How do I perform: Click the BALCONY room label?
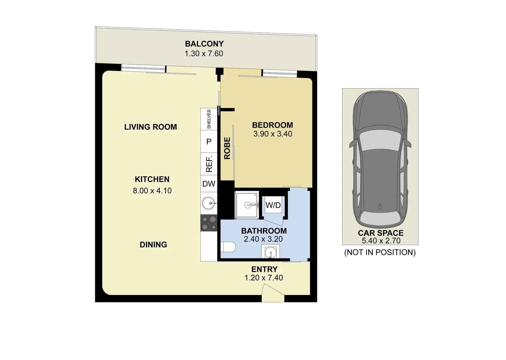(204, 44)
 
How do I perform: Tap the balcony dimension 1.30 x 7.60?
(204, 53)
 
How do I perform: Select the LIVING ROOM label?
(150, 127)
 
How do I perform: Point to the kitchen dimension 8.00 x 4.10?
(152, 191)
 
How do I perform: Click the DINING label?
(153, 245)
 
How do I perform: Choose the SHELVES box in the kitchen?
(209, 119)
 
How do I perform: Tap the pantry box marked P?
(209, 142)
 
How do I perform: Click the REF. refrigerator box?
(209, 164)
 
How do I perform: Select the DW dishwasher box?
(209, 184)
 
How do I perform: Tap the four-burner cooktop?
(209, 223)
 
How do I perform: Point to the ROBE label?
(227, 148)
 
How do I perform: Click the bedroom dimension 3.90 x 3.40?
(273, 134)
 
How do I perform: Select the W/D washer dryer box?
(273, 205)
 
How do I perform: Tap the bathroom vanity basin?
(270, 253)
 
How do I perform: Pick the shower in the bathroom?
(247, 205)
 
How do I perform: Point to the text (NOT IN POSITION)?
(380, 252)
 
